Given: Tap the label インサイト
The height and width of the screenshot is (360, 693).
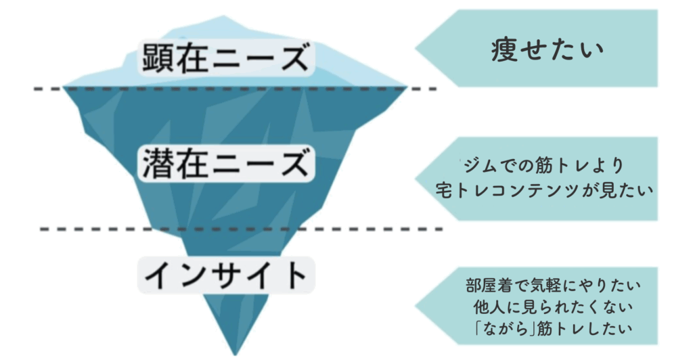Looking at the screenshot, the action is tap(226, 274).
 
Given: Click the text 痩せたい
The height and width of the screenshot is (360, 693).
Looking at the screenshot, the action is tap(547, 49).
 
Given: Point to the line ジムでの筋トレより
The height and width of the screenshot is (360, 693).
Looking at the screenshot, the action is tap(543, 166).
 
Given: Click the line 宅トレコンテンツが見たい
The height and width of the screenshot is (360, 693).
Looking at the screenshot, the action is tap(545, 190).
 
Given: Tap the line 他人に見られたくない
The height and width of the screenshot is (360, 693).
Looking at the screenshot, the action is tap(553, 307).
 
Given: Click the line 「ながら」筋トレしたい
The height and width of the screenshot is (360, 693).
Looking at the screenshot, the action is tap(553, 328).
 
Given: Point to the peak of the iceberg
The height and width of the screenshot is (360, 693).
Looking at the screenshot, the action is tap(223, 17).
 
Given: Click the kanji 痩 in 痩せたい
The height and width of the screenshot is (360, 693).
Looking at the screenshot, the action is tap(504, 49).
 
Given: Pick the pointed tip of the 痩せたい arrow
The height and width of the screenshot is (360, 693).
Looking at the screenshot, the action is tap(416, 49).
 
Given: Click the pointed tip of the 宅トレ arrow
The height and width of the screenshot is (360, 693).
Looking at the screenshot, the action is tap(416, 179).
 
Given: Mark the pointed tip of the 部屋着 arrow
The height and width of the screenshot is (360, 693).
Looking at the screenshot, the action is tap(416, 306).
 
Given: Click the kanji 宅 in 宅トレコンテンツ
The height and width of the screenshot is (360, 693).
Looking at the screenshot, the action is tap(445, 190).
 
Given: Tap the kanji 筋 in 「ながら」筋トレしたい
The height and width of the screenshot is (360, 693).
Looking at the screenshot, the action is tap(545, 328).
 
